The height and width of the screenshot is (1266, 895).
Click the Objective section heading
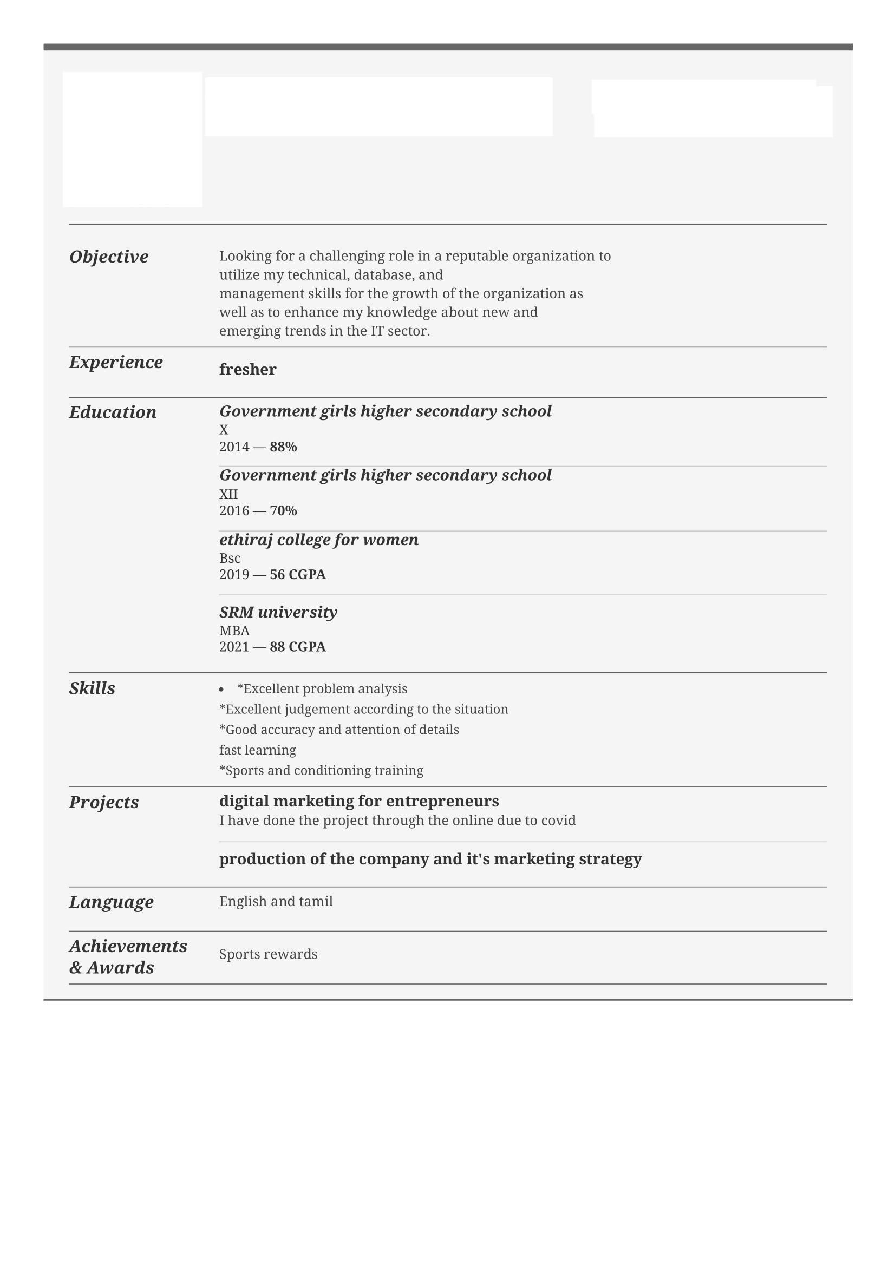point(109,257)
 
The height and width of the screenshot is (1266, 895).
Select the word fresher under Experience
point(247,370)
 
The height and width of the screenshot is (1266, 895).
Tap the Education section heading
point(113,412)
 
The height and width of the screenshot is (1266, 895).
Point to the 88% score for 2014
point(284,447)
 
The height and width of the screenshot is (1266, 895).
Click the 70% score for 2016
point(284,511)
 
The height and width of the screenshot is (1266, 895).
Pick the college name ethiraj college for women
point(319,540)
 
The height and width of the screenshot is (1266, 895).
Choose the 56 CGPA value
point(298,575)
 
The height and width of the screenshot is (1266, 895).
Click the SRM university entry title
point(278,612)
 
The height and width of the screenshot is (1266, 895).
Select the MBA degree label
point(234,631)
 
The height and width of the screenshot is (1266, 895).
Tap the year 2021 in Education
point(234,647)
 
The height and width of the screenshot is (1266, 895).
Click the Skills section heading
point(92,688)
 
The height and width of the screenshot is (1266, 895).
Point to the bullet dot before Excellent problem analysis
point(221,690)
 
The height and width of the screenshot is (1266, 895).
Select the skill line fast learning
point(258,750)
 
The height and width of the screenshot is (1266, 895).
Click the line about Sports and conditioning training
point(322,771)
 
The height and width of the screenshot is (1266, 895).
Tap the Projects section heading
point(103,802)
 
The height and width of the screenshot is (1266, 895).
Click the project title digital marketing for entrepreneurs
point(359,801)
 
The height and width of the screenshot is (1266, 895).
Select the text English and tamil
point(276,902)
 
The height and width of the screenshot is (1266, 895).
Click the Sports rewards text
point(268,954)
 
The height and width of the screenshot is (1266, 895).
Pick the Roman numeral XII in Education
point(228,495)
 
